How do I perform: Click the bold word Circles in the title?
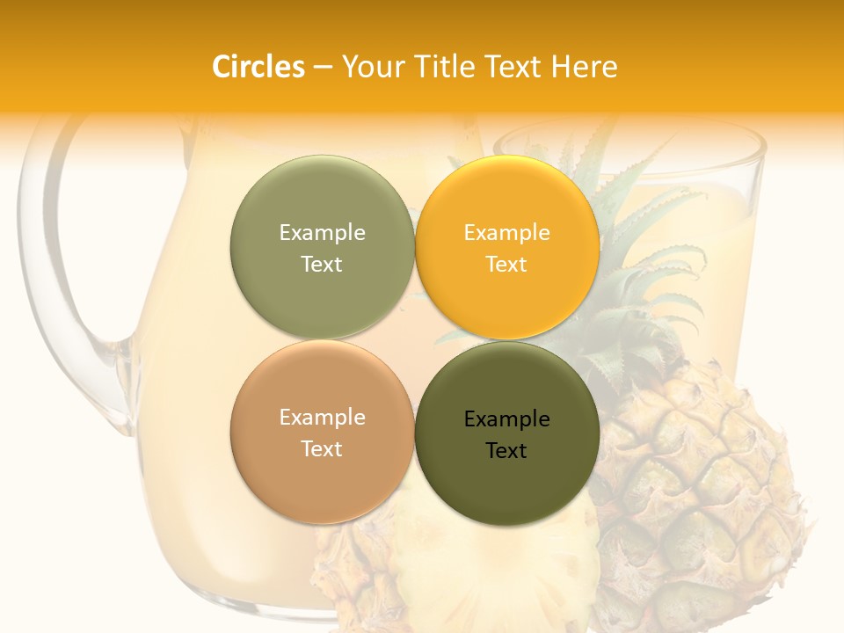[258, 67]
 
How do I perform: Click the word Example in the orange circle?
[507, 233]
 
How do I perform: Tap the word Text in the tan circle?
[322, 449]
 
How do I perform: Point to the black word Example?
[507, 419]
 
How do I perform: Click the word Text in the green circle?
[322, 265]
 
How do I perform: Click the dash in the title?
[323, 67]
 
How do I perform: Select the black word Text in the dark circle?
[507, 451]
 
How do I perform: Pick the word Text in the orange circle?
[507, 265]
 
